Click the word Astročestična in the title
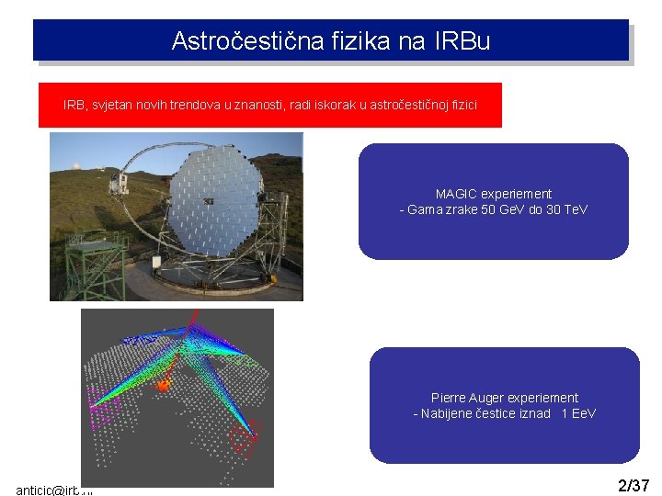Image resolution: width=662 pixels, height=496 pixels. coord(229,41)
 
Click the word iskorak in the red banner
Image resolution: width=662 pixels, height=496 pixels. coord(339,106)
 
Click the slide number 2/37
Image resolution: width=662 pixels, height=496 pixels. coord(633,485)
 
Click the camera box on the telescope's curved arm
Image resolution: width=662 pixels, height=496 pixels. coord(118,183)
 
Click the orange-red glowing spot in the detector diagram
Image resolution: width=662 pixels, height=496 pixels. coord(164,386)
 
